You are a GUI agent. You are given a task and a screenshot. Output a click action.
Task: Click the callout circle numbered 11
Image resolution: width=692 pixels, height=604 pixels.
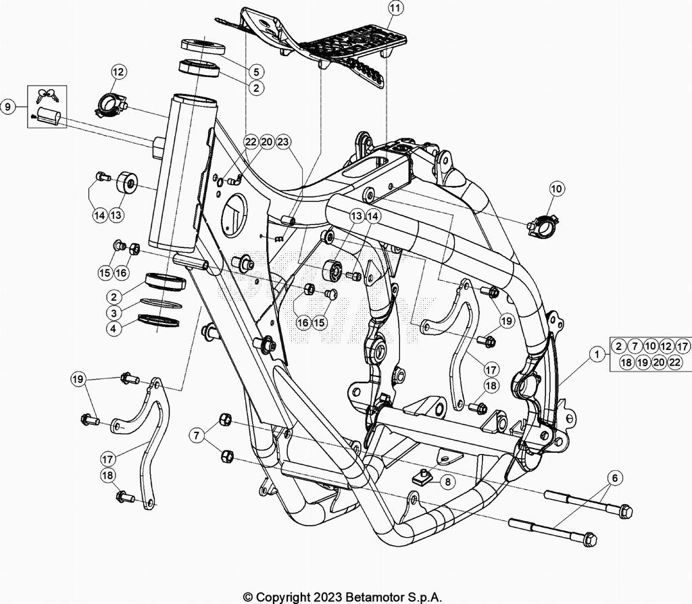click(395, 8)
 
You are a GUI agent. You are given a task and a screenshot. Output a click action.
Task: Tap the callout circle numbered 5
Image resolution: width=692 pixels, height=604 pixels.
click(256, 71)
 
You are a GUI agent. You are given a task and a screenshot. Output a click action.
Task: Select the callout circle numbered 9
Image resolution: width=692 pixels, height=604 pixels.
click(8, 107)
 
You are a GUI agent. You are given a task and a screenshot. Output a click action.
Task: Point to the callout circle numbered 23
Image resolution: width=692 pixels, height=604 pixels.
click(283, 142)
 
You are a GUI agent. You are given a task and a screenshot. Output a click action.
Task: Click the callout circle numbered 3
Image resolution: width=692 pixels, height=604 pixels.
click(114, 313)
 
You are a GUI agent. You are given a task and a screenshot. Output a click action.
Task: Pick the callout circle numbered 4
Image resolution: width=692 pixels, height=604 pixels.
click(114, 329)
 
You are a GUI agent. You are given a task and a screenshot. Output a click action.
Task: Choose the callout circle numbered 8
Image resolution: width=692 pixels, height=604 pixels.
click(447, 482)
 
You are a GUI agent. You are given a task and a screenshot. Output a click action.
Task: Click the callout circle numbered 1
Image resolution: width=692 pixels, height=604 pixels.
click(597, 354)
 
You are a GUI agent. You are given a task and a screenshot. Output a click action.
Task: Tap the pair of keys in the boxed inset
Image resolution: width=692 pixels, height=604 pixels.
click(47, 95)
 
